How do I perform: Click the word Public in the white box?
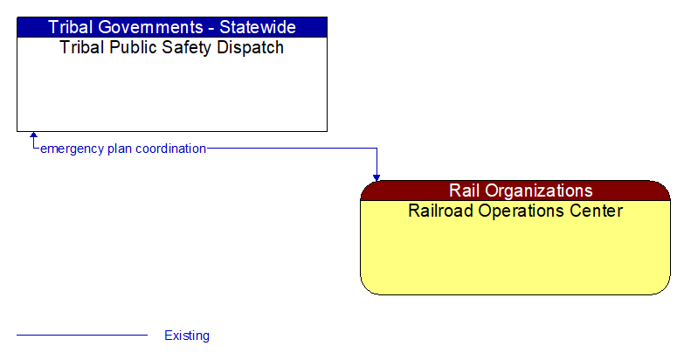coord(132,47)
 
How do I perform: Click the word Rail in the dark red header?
coord(465,190)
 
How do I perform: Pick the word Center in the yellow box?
coord(598,211)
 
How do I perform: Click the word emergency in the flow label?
coord(72,149)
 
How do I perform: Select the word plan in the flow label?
coord(120,149)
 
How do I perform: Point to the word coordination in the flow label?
coord(171,149)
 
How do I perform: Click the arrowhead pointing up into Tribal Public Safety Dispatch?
coord(33,136)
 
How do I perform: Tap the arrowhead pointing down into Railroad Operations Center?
coord(377,177)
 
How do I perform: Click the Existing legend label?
coord(187,336)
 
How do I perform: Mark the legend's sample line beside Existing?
coord(82,335)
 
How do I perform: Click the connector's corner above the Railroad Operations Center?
coord(377,149)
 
